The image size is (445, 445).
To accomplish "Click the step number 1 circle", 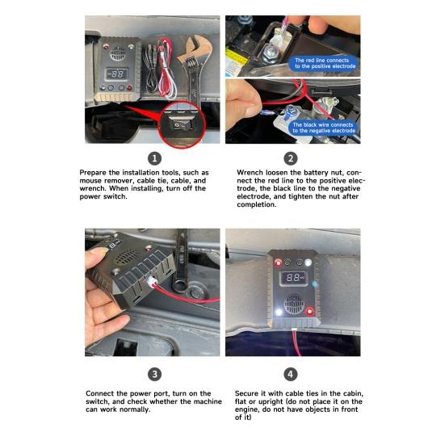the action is coord(154,158).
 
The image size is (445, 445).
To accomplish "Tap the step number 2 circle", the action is coord(290,158).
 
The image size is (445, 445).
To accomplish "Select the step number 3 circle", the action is coord(154,375).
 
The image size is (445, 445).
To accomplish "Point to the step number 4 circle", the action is coord(290,375).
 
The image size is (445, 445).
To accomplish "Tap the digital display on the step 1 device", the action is coord(116,74).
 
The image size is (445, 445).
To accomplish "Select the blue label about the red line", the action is coord(324,63).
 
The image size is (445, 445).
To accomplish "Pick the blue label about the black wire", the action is coord(323,128).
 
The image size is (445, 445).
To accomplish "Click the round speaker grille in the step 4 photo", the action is coord(294,304).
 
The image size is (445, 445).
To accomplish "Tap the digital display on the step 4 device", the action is coord(294,278).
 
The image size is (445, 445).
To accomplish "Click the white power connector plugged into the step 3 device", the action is coord(152,282).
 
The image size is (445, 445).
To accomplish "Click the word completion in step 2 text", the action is coord(257,204).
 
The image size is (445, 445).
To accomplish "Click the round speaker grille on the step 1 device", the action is coord(117,53).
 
